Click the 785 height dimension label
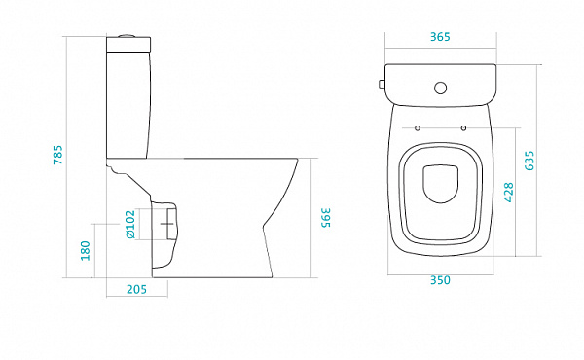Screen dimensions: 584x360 point(57,155)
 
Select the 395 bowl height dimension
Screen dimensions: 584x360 point(325,217)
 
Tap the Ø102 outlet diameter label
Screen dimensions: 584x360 point(130,225)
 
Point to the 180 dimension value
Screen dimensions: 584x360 point(86,251)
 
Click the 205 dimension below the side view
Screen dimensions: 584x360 point(136,289)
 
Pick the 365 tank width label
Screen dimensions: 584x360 point(440,37)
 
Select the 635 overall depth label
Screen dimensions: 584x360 point(529,161)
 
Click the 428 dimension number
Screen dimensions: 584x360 point(509,193)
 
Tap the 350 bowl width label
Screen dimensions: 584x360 point(440,280)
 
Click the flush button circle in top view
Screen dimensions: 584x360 point(441,88)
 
